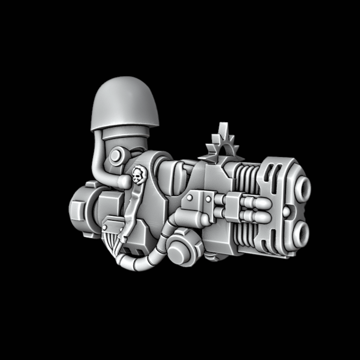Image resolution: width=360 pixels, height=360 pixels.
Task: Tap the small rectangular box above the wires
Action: click(111, 225)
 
